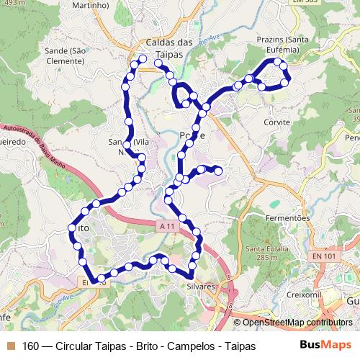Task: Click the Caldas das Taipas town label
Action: [x=169, y=48]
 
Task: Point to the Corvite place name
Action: [x=276, y=122]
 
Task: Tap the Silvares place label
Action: [x=201, y=286]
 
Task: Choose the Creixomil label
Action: [x=302, y=294]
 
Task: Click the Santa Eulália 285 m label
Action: [x=262, y=253]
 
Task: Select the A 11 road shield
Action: [x=168, y=226]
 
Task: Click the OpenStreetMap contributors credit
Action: [x=296, y=323]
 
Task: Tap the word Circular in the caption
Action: [x=75, y=346]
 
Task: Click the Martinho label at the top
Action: [x=91, y=5]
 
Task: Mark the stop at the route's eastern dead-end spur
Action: [x=217, y=170]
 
